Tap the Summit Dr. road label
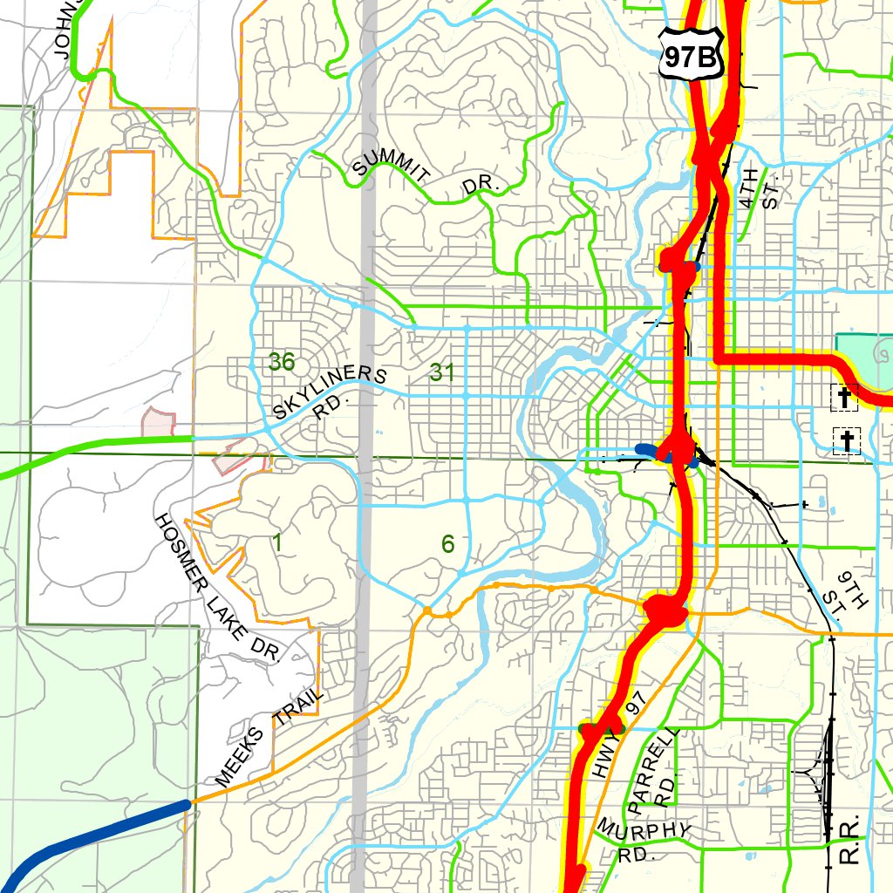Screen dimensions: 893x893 click(x=425, y=174)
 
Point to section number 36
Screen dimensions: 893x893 click(x=282, y=361)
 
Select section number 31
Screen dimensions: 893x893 click(x=442, y=373)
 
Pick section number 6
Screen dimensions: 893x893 click(x=447, y=544)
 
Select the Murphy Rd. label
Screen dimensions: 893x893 click(x=644, y=836)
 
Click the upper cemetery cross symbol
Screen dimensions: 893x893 click(x=843, y=398)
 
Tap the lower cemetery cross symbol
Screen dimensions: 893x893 click(x=846, y=440)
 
